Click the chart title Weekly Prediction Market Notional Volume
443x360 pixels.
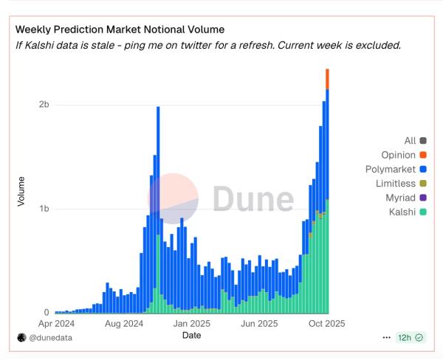click(x=120, y=30)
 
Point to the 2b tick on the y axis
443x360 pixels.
click(x=44, y=105)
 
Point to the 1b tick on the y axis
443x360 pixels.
click(x=44, y=209)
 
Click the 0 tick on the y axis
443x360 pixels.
click(x=46, y=313)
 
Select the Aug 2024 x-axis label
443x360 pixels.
click(x=123, y=323)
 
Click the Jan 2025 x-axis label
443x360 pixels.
click(x=192, y=323)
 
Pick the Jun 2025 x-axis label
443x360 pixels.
click(x=259, y=323)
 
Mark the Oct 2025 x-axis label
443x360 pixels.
click(x=326, y=323)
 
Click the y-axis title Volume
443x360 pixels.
click(x=21, y=191)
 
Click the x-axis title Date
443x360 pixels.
click(x=192, y=335)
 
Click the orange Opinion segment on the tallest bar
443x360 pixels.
click(x=327, y=79)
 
